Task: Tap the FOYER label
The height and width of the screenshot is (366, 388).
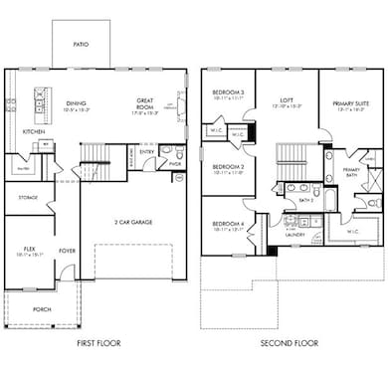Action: pyautogui.click(x=68, y=252)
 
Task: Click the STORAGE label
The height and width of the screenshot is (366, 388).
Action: pyautogui.click(x=27, y=197)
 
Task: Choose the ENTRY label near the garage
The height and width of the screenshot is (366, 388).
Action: pyautogui.click(x=146, y=152)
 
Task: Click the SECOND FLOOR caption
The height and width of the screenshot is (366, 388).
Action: pyautogui.click(x=291, y=344)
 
